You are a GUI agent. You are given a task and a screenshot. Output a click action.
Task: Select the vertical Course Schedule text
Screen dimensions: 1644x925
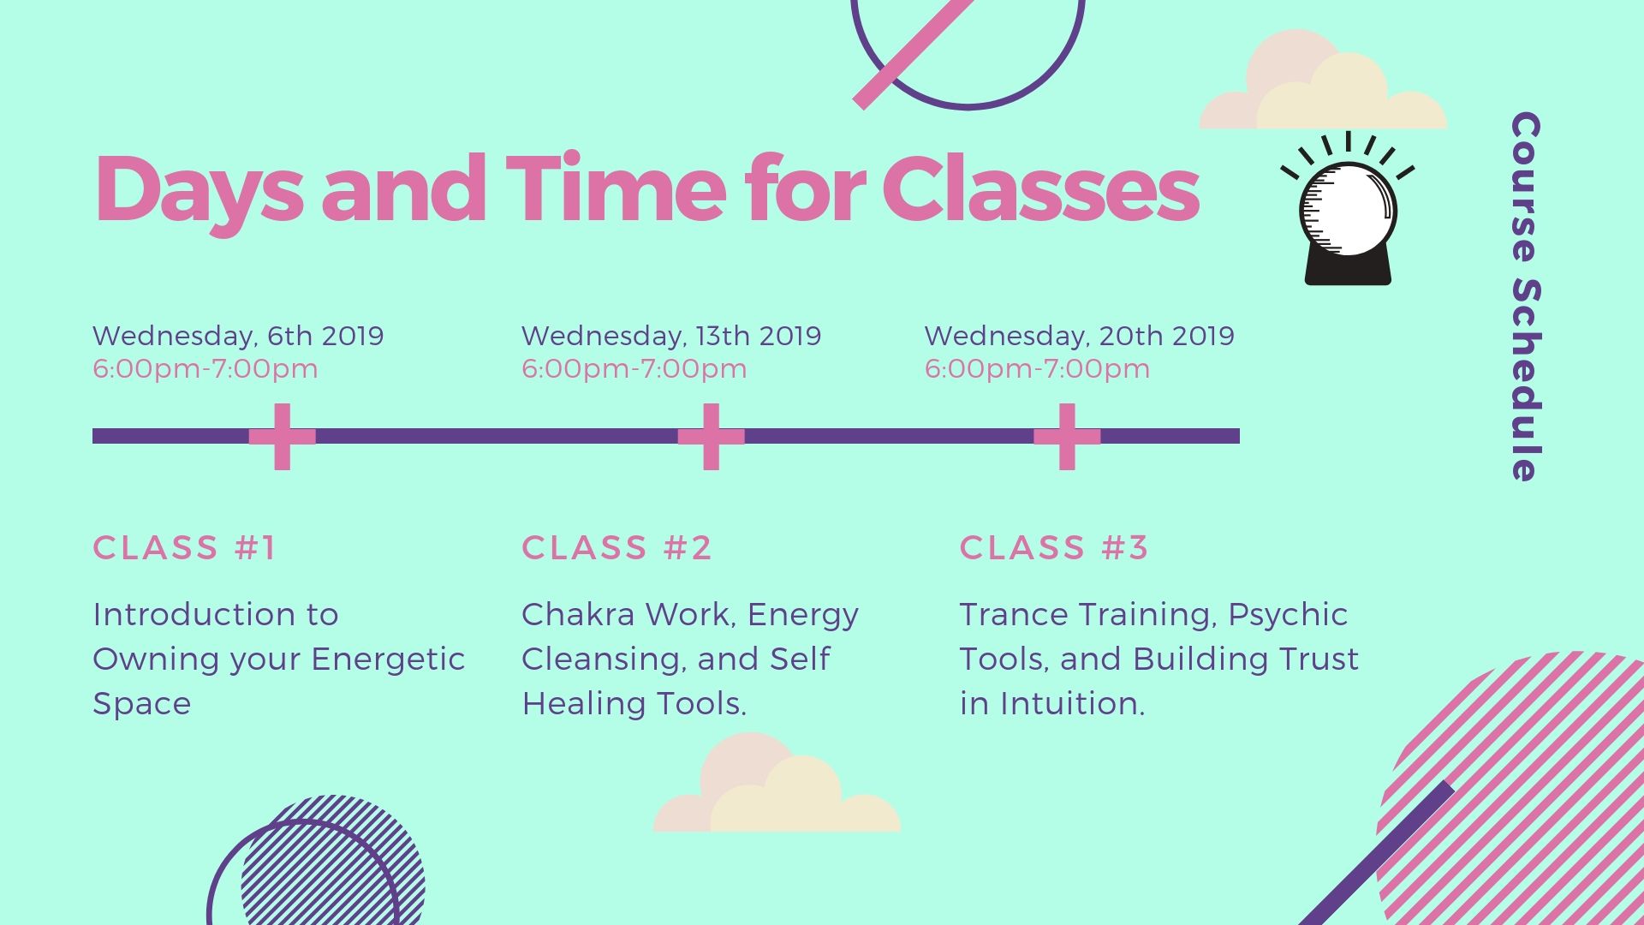point(1525,296)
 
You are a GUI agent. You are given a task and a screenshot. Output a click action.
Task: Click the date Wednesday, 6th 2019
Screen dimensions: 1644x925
point(238,336)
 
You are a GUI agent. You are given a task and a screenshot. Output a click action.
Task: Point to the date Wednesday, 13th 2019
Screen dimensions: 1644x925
point(671,336)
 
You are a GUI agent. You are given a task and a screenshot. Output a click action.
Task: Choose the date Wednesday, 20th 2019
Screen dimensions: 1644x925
point(1079,336)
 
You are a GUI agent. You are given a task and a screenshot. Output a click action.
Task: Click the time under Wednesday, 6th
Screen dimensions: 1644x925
point(205,369)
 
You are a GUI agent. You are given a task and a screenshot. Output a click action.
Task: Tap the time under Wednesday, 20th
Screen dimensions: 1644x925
point(1037,369)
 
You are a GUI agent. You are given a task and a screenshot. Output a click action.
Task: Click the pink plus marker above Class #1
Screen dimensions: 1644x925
point(283,437)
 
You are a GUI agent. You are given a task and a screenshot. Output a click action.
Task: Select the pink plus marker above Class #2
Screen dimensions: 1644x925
point(711,437)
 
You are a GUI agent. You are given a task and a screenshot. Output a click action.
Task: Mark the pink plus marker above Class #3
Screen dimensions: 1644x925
point(1067,437)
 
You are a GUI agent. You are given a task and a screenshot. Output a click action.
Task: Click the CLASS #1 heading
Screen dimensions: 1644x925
point(185,547)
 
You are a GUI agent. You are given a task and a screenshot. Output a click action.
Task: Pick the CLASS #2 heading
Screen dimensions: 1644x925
point(616,547)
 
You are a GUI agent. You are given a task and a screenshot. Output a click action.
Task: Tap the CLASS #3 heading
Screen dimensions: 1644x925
point(1053,547)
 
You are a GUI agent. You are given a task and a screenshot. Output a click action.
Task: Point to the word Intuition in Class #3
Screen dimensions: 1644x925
point(1072,703)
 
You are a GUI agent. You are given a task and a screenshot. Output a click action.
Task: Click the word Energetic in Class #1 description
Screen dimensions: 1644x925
point(388,659)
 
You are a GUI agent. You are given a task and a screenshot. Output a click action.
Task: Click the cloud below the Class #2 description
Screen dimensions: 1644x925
point(777,782)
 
